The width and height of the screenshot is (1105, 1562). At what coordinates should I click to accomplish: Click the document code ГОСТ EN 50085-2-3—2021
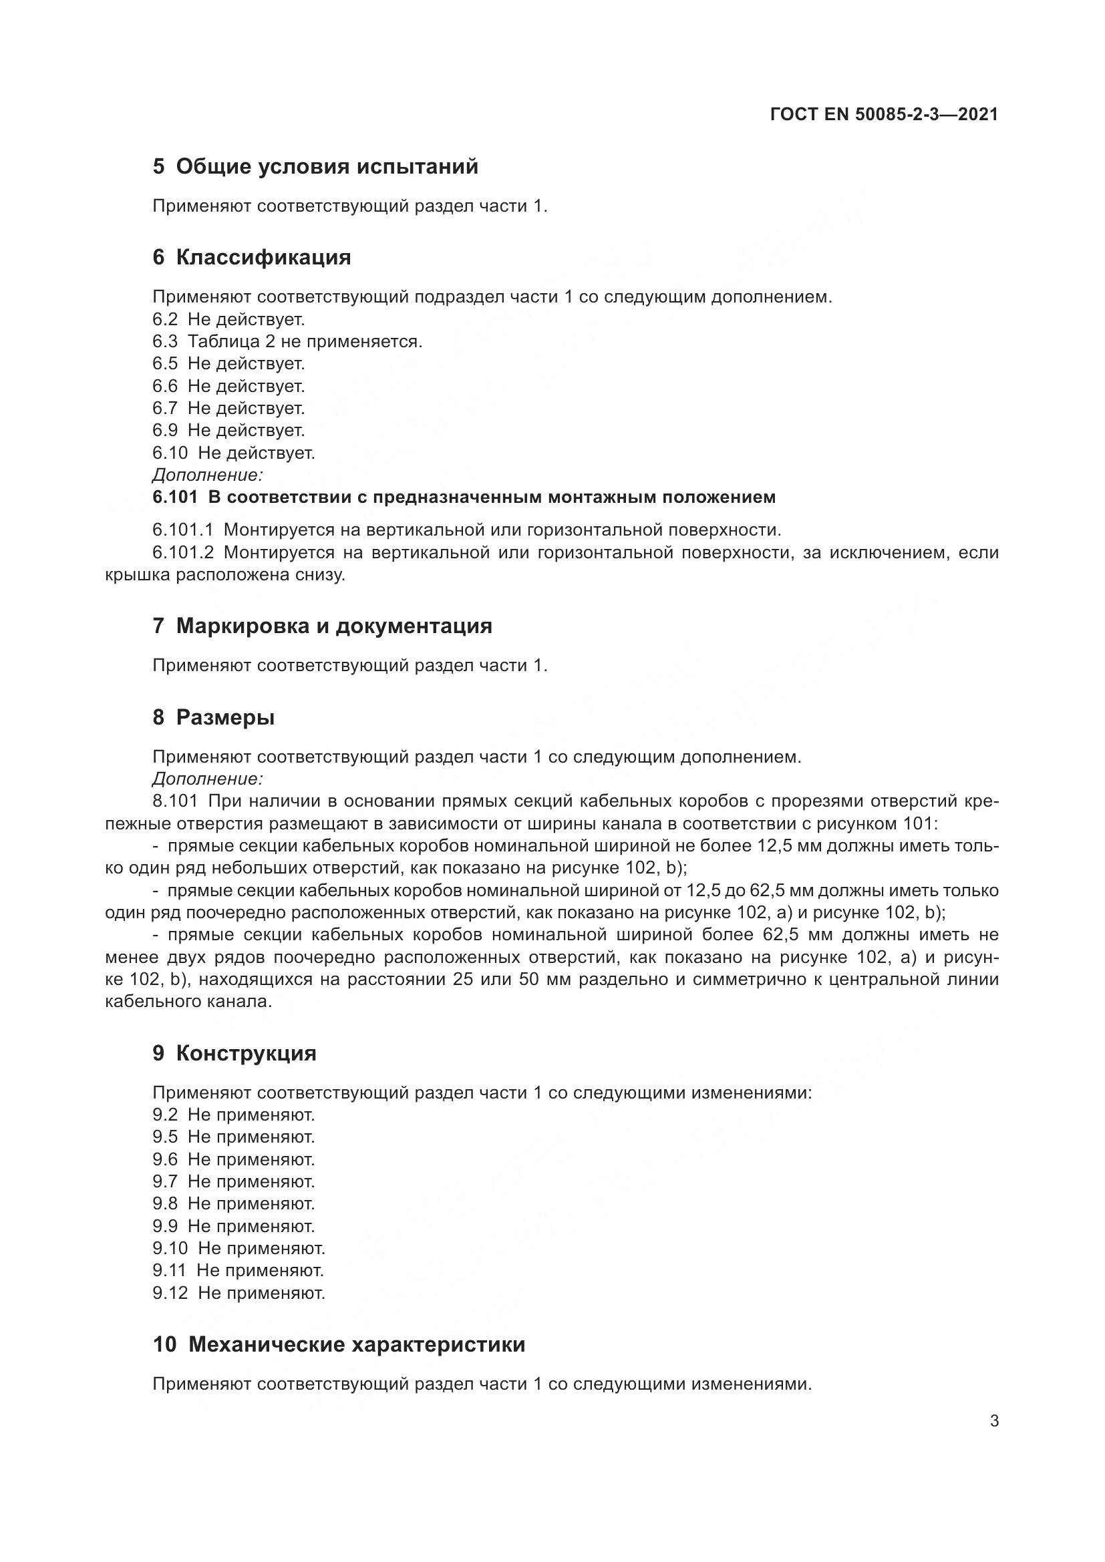pyautogui.click(x=884, y=114)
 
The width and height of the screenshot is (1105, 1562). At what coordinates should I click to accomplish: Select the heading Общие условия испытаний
pyautogui.click(x=327, y=167)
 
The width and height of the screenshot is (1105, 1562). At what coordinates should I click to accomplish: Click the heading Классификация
pyautogui.click(x=263, y=258)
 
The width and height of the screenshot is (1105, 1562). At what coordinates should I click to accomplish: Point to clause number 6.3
pyautogui.click(x=164, y=341)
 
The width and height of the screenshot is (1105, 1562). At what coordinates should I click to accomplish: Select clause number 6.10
pyautogui.click(x=170, y=453)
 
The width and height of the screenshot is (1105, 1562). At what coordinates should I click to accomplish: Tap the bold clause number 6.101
pyautogui.click(x=175, y=498)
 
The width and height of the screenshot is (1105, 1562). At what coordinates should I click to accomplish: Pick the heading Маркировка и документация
pyautogui.click(x=333, y=626)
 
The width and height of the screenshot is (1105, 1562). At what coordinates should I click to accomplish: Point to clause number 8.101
pyautogui.click(x=175, y=801)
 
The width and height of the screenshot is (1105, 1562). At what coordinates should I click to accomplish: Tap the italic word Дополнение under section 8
pyautogui.click(x=208, y=779)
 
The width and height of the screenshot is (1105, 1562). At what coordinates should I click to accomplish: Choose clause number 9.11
pyautogui.click(x=169, y=1270)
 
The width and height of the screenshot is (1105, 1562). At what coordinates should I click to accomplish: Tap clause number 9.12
pyautogui.click(x=170, y=1293)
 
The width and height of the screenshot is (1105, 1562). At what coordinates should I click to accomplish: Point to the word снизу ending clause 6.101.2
pyautogui.click(x=320, y=575)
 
